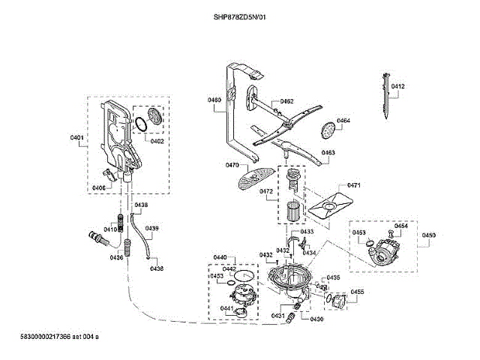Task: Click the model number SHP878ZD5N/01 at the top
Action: tap(240, 17)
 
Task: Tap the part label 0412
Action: tap(397, 87)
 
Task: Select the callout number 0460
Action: tap(214, 100)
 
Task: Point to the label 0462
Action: tap(286, 101)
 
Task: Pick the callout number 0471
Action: tap(354, 185)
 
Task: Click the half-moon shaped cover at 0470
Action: tap(253, 178)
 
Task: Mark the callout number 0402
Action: tap(157, 141)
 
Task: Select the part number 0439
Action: tap(151, 228)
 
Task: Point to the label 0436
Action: tap(116, 257)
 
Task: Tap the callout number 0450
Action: tap(428, 236)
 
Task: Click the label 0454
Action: tap(401, 226)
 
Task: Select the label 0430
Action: tap(316, 319)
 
